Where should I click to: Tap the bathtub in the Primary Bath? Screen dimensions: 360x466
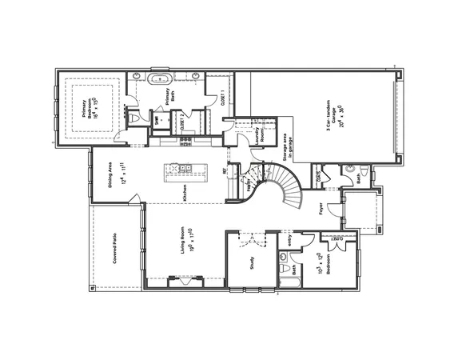(x=161, y=78)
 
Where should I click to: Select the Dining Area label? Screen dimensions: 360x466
(x=114, y=173)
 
